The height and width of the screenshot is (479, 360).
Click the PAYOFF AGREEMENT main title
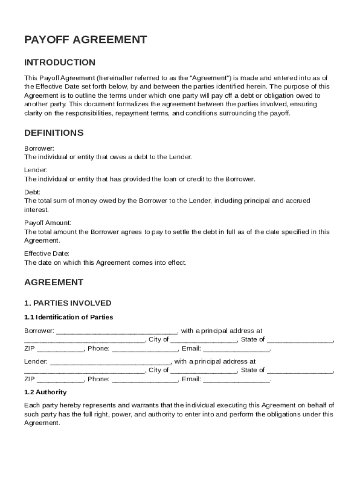[x=86, y=40]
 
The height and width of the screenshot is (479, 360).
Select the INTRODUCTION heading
[x=60, y=62]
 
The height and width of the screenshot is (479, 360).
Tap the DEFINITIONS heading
[x=54, y=133]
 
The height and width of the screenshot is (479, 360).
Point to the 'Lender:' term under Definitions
[x=36, y=170]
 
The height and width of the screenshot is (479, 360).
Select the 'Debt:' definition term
[x=32, y=192]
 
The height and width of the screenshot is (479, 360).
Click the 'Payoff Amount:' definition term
[x=48, y=223]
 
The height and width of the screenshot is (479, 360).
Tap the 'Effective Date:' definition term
[x=47, y=254]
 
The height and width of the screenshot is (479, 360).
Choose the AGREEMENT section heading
[x=54, y=283]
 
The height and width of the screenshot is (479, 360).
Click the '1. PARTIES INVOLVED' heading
[x=68, y=303]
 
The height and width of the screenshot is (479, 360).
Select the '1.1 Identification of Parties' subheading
[x=69, y=317]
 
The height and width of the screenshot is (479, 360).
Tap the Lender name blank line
[x=110, y=363]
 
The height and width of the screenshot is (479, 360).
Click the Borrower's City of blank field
[x=204, y=341]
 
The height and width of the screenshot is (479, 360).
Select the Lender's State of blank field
[x=300, y=371]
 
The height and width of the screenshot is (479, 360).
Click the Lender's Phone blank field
[x=144, y=380]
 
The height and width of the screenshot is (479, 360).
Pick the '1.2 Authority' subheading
[x=45, y=392]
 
